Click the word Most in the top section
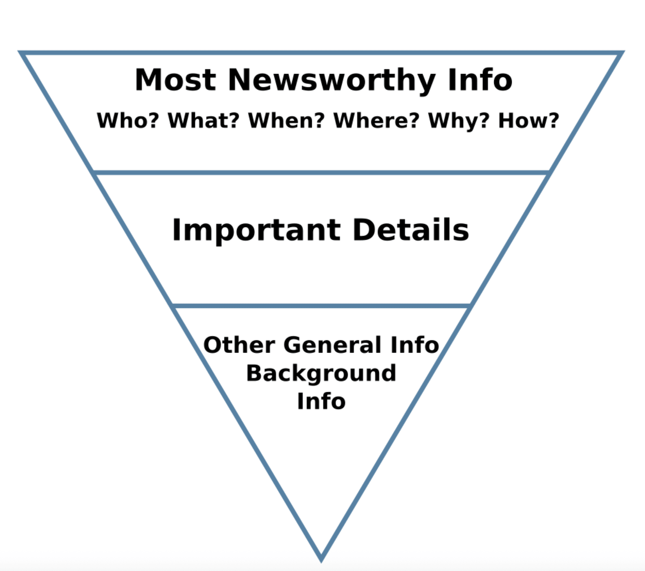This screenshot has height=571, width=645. pos(175,80)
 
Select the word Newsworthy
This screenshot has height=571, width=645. pos(331,81)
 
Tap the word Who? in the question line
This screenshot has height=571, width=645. pos(127,121)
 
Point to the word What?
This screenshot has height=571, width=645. pos(203,121)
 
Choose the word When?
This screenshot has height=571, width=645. pos(286,121)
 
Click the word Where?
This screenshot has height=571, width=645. pos(376,121)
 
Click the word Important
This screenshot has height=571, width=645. pos(256,230)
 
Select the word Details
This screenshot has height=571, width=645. pos(410,230)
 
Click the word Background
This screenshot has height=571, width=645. pos(321,374)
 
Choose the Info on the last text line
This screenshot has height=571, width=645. pos(321,401)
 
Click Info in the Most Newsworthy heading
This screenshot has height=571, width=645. pos(480,80)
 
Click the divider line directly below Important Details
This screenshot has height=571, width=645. pos(321,306)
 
